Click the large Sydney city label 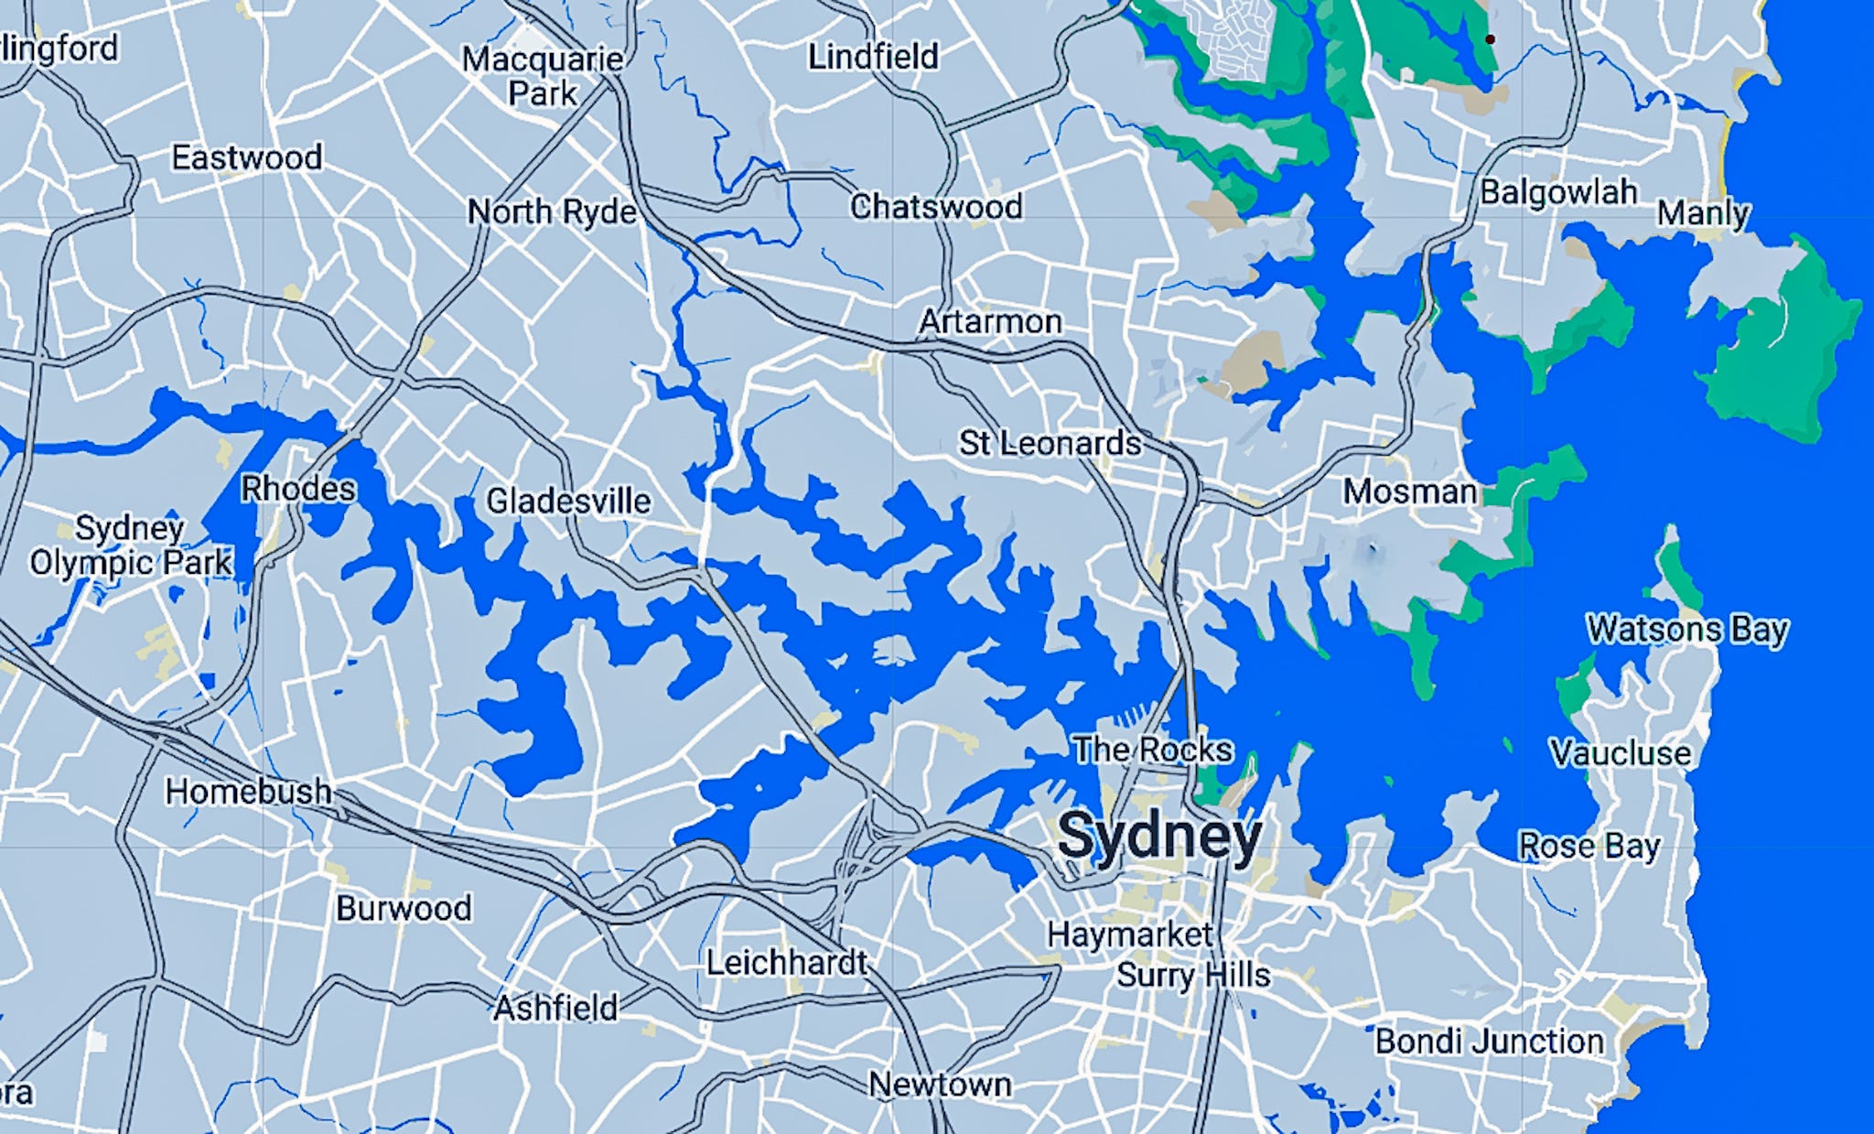coord(1159,836)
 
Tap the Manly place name coord(1702,213)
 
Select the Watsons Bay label coord(1686,630)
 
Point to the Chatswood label coord(935,207)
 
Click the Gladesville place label coord(568,501)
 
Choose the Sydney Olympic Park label coord(130,545)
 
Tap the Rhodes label coord(297,489)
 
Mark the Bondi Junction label coord(1489,1042)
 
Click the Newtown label coord(940,1085)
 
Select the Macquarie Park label coord(543,76)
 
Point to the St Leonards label coord(1050,443)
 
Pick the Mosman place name coord(1409,491)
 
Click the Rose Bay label coord(1589,846)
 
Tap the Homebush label coord(248,791)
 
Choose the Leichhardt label coord(786,963)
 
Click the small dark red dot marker coord(1490,39)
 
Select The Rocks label coord(1152,750)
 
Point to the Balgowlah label coord(1558,192)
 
